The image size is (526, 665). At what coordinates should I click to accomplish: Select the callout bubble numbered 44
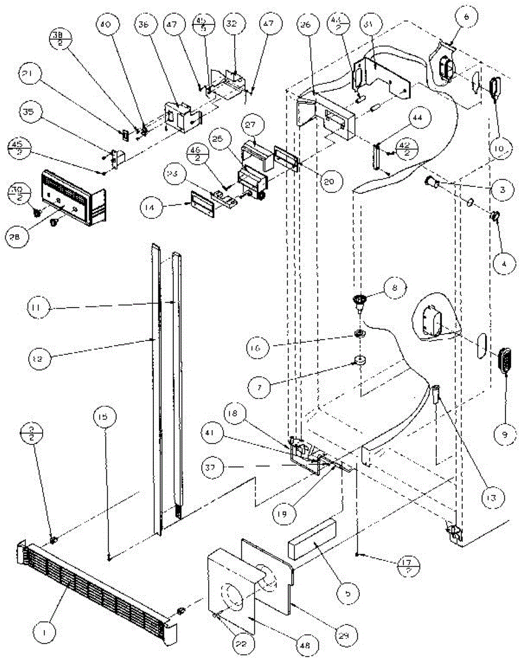pos(418,117)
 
